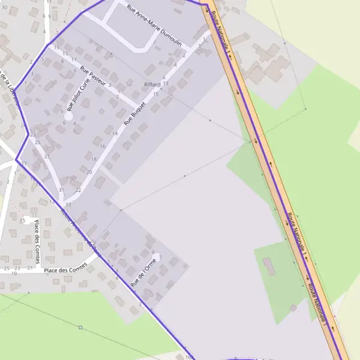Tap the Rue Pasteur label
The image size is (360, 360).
[x=93, y=77]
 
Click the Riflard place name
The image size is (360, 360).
[x=152, y=85]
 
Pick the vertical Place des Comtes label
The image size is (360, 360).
[x=37, y=235]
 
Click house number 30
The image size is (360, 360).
[x=4, y=7]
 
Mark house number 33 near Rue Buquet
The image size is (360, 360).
[x=68, y=205]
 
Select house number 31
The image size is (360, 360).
[x=61, y=190]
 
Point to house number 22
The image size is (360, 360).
[x=79, y=190]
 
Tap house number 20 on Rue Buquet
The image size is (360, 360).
[x=89, y=172]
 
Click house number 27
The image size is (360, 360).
[x=47, y=157]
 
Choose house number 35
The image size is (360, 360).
[x=22, y=221]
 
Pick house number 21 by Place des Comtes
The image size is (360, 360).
[x=29, y=268]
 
